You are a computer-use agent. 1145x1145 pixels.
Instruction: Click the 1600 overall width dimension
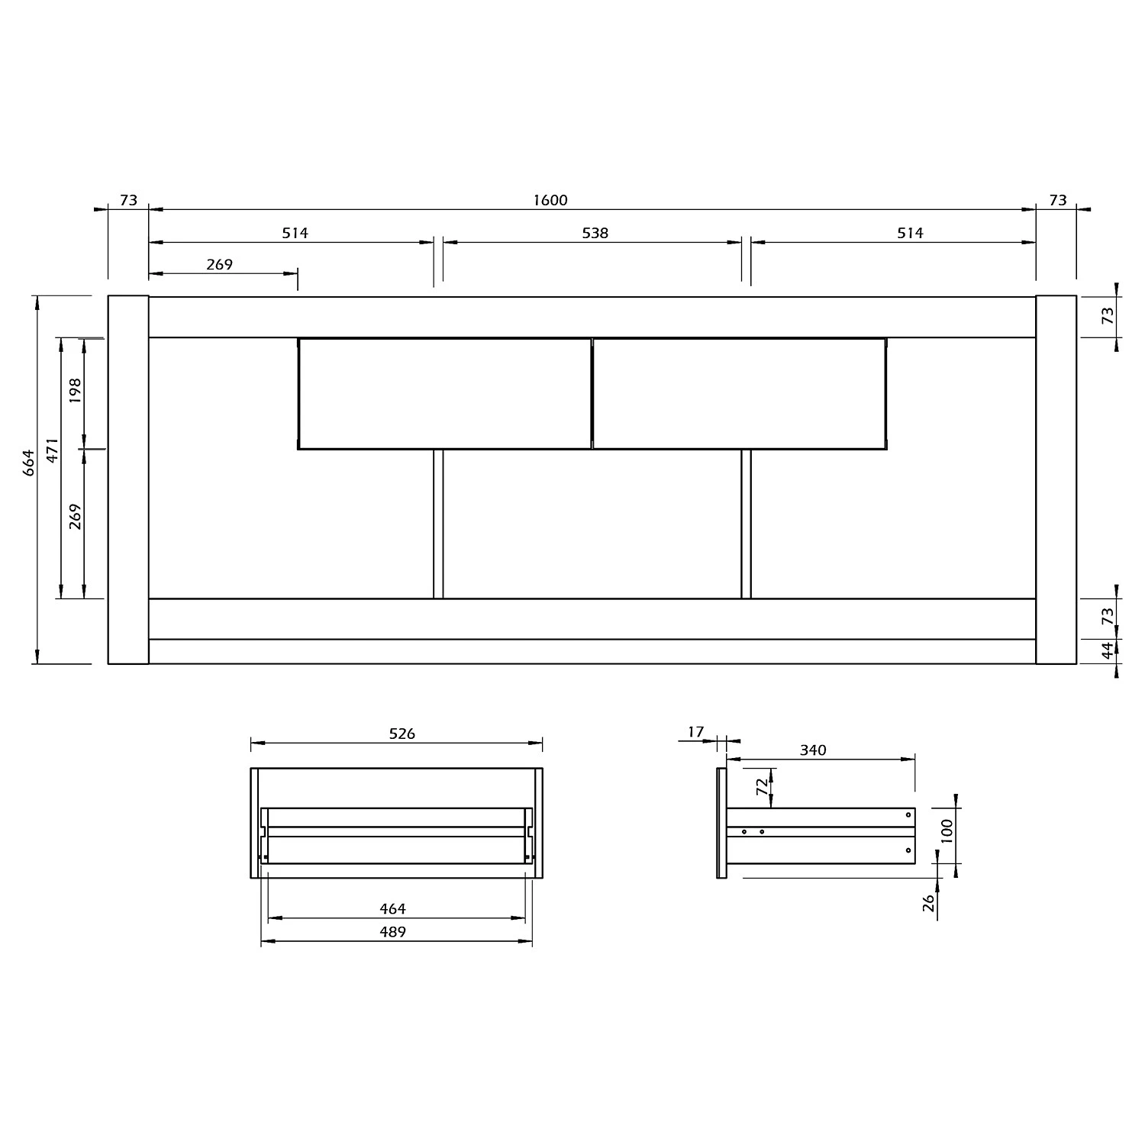tap(550, 201)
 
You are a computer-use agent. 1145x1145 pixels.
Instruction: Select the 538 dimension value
tap(595, 234)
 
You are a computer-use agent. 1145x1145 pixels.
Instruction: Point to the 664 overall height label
tap(29, 463)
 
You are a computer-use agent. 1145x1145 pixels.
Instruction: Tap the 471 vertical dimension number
tap(52, 451)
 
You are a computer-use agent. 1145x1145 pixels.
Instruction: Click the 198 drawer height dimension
tap(75, 390)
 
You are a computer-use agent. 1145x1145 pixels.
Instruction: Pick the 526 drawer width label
tap(402, 734)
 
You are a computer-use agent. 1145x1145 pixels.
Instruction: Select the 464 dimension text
tap(392, 909)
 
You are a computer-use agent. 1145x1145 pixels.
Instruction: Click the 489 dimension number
tap(392, 932)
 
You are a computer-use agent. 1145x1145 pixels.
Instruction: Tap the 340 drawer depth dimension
tap(813, 750)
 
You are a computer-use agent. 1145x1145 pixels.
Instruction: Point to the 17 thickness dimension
tap(695, 732)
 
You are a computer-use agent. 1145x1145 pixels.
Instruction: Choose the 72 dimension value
tap(762, 788)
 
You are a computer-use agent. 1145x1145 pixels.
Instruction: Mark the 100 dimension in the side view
tap(947, 831)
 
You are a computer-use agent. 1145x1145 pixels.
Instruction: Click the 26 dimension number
tap(929, 903)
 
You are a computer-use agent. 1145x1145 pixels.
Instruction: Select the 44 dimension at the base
tap(1108, 651)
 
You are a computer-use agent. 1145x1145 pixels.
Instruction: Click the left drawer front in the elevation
tap(444, 394)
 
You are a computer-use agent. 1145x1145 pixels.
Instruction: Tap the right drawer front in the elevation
tap(739, 394)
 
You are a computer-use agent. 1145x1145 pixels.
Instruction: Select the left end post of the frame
tap(128, 479)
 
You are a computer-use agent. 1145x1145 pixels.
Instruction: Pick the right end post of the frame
tap(1056, 479)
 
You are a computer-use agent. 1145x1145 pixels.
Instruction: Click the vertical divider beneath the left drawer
tap(438, 524)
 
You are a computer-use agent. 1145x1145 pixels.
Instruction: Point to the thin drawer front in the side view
tap(721, 823)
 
